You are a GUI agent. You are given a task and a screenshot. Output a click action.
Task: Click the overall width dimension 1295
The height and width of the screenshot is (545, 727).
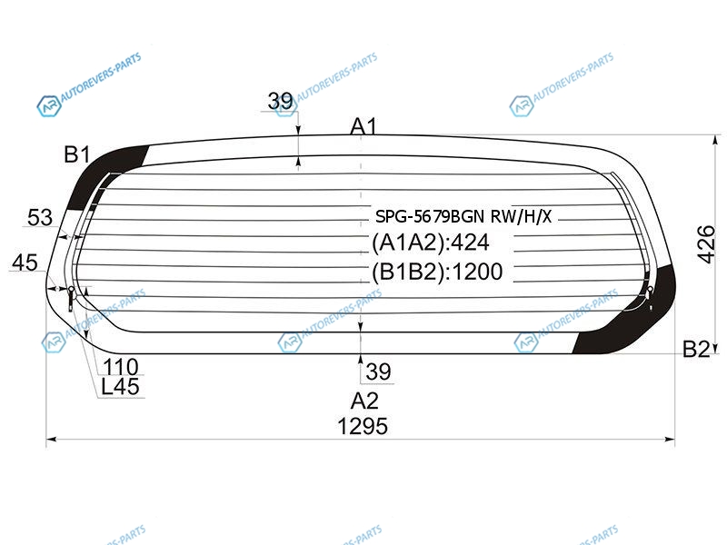(363, 426)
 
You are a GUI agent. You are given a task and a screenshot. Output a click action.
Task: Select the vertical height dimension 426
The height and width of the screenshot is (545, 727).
(706, 244)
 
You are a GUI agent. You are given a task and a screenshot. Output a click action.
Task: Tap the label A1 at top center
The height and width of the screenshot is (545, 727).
(364, 126)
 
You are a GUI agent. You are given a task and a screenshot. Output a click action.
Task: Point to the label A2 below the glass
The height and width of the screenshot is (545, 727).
(364, 401)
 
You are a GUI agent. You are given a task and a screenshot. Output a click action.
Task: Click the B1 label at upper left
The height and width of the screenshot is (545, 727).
(77, 154)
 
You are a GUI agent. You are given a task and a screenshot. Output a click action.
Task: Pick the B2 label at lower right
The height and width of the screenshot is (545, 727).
(696, 349)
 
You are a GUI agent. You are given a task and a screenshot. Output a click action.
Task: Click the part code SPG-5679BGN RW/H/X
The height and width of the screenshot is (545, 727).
(463, 216)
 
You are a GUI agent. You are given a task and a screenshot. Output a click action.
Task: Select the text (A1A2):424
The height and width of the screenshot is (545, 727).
(431, 243)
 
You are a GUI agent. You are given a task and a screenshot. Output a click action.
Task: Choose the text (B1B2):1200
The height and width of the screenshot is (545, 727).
(437, 272)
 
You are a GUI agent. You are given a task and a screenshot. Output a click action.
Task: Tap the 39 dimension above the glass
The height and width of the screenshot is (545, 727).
(281, 101)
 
